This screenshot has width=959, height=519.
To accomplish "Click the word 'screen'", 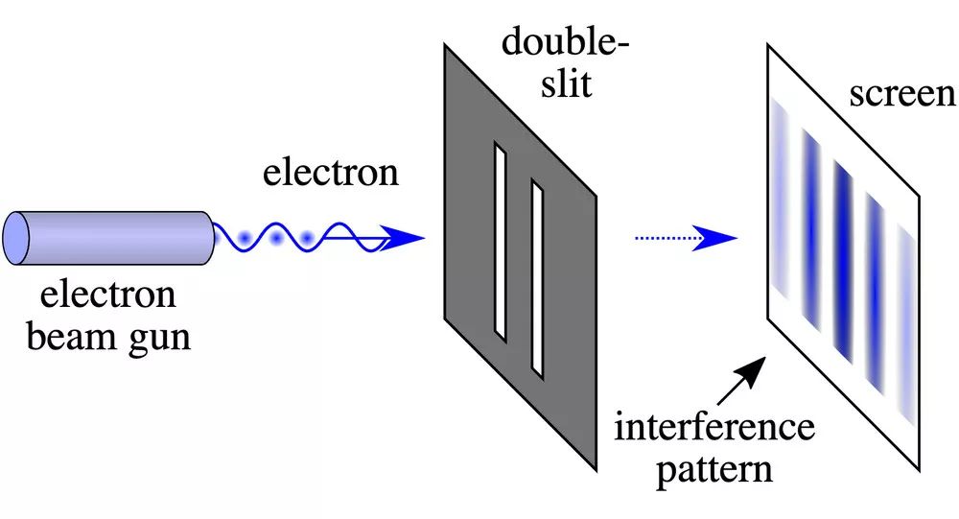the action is [901, 94].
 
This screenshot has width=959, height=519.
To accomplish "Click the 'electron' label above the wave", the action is [331, 173].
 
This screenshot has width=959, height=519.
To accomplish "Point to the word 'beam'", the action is [79, 338].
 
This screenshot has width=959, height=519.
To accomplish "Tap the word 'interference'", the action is [714, 426].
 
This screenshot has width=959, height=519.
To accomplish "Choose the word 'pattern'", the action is [715, 470].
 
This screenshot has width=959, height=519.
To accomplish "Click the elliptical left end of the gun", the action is [16, 236].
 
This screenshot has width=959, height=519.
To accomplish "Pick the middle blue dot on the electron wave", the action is [278, 236].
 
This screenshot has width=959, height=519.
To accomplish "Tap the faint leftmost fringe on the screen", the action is [778, 206].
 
